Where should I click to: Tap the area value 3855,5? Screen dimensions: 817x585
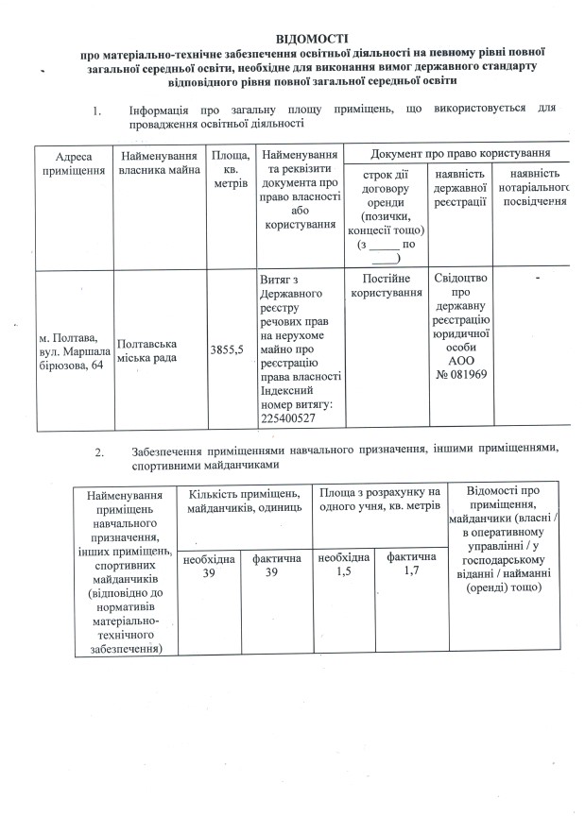pos(227,350)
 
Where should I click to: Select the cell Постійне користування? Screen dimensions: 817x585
pos(386,286)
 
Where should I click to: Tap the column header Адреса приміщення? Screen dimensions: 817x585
pos(74,163)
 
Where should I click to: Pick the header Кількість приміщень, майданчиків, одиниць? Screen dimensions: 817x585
pos(245,501)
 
